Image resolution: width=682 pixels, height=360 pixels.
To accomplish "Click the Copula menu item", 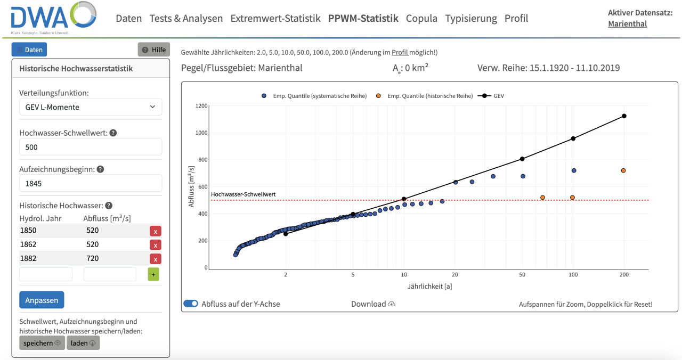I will (x=421, y=18).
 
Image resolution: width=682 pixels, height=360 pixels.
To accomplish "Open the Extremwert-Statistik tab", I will (x=275, y=18).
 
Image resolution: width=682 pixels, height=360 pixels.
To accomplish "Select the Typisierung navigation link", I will (x=471, y=18).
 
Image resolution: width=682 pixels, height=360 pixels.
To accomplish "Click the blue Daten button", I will (x=29, y=50).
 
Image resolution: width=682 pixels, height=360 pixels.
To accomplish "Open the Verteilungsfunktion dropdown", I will (x=91, y=107).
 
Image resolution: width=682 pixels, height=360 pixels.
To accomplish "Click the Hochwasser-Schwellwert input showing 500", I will (x=91, y=147).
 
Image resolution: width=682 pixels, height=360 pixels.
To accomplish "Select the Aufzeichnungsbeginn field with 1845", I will (x=91, y=183).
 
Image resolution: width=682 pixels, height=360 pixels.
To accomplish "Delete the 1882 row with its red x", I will (x=155, y=259).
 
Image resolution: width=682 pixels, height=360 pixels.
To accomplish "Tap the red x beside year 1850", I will (x=155, y=231).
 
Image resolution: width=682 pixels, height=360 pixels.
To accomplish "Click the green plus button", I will (x=153, y=274).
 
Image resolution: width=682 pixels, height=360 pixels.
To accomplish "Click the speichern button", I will (x=42, y=343).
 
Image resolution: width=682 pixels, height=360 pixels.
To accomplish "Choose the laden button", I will (x=83, y=343).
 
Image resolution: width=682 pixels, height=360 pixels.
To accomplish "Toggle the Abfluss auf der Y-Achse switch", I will (x=191, y=304).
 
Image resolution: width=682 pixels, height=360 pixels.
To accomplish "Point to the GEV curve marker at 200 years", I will (x=624, y=116).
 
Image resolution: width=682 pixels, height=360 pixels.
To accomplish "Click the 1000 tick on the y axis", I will (x=200, y=133).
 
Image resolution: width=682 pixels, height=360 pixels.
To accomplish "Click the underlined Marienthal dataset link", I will (x=627, y=23).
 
